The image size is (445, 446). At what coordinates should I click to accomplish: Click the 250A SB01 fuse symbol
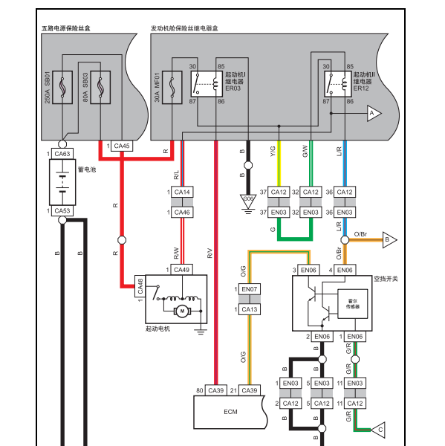click(62, 87)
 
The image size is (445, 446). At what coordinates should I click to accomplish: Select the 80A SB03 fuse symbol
click(100, 87)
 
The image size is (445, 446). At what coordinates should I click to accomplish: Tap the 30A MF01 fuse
click(172, 87)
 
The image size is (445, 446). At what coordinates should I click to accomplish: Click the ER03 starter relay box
click(207, 84)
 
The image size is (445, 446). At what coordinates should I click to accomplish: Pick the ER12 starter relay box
click(338, 84)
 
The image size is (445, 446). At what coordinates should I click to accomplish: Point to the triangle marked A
click(374, 113)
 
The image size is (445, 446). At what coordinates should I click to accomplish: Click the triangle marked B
click(389, 240)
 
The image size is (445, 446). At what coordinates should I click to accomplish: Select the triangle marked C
click(379, 430)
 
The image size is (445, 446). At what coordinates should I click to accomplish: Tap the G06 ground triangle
click(248, 200)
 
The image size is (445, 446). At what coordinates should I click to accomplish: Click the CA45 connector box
click(122, 146)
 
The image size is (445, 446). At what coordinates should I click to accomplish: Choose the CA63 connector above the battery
click(62, 154)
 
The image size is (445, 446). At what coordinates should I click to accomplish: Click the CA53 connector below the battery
click(62, 211)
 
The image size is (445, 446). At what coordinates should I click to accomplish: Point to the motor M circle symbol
click(182, 311)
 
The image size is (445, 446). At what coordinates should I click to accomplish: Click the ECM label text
click(230, 412)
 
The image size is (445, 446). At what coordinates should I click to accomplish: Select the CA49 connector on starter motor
click(182, 270)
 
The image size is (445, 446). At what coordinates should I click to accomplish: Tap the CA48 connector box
click(140, 286)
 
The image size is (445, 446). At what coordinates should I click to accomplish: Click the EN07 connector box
click(250, 289)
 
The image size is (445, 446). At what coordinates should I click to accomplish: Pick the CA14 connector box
click(182, 192)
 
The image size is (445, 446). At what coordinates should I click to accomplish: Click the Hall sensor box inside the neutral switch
click(353, 304)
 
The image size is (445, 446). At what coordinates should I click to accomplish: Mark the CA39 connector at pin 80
click(216, 390)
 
